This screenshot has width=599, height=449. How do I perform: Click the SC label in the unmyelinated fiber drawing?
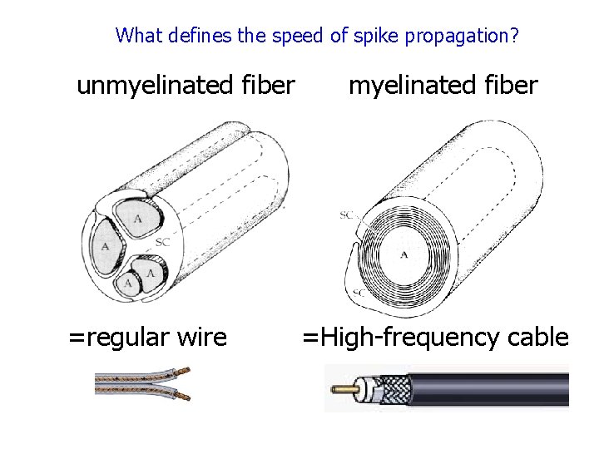click(164, 242)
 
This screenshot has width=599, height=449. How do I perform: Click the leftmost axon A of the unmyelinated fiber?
click(105, 246)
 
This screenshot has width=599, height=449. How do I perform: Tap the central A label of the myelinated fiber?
click(404, 254)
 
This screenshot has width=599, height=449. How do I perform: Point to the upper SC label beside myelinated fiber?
click(348, 215)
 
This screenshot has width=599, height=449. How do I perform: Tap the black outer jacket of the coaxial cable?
click(499, 388)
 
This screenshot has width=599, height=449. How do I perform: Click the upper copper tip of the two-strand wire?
click(185, 370)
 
